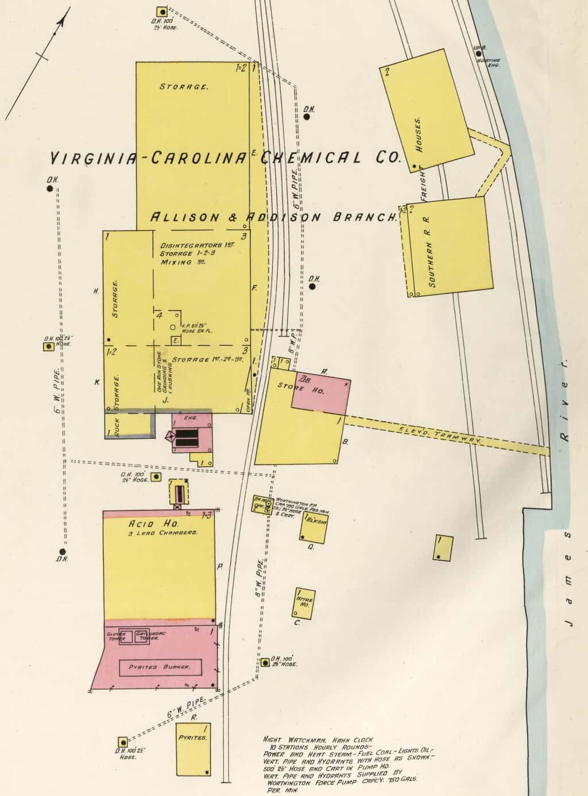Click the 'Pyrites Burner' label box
click(161, 667)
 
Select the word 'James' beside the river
click(568, 578)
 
